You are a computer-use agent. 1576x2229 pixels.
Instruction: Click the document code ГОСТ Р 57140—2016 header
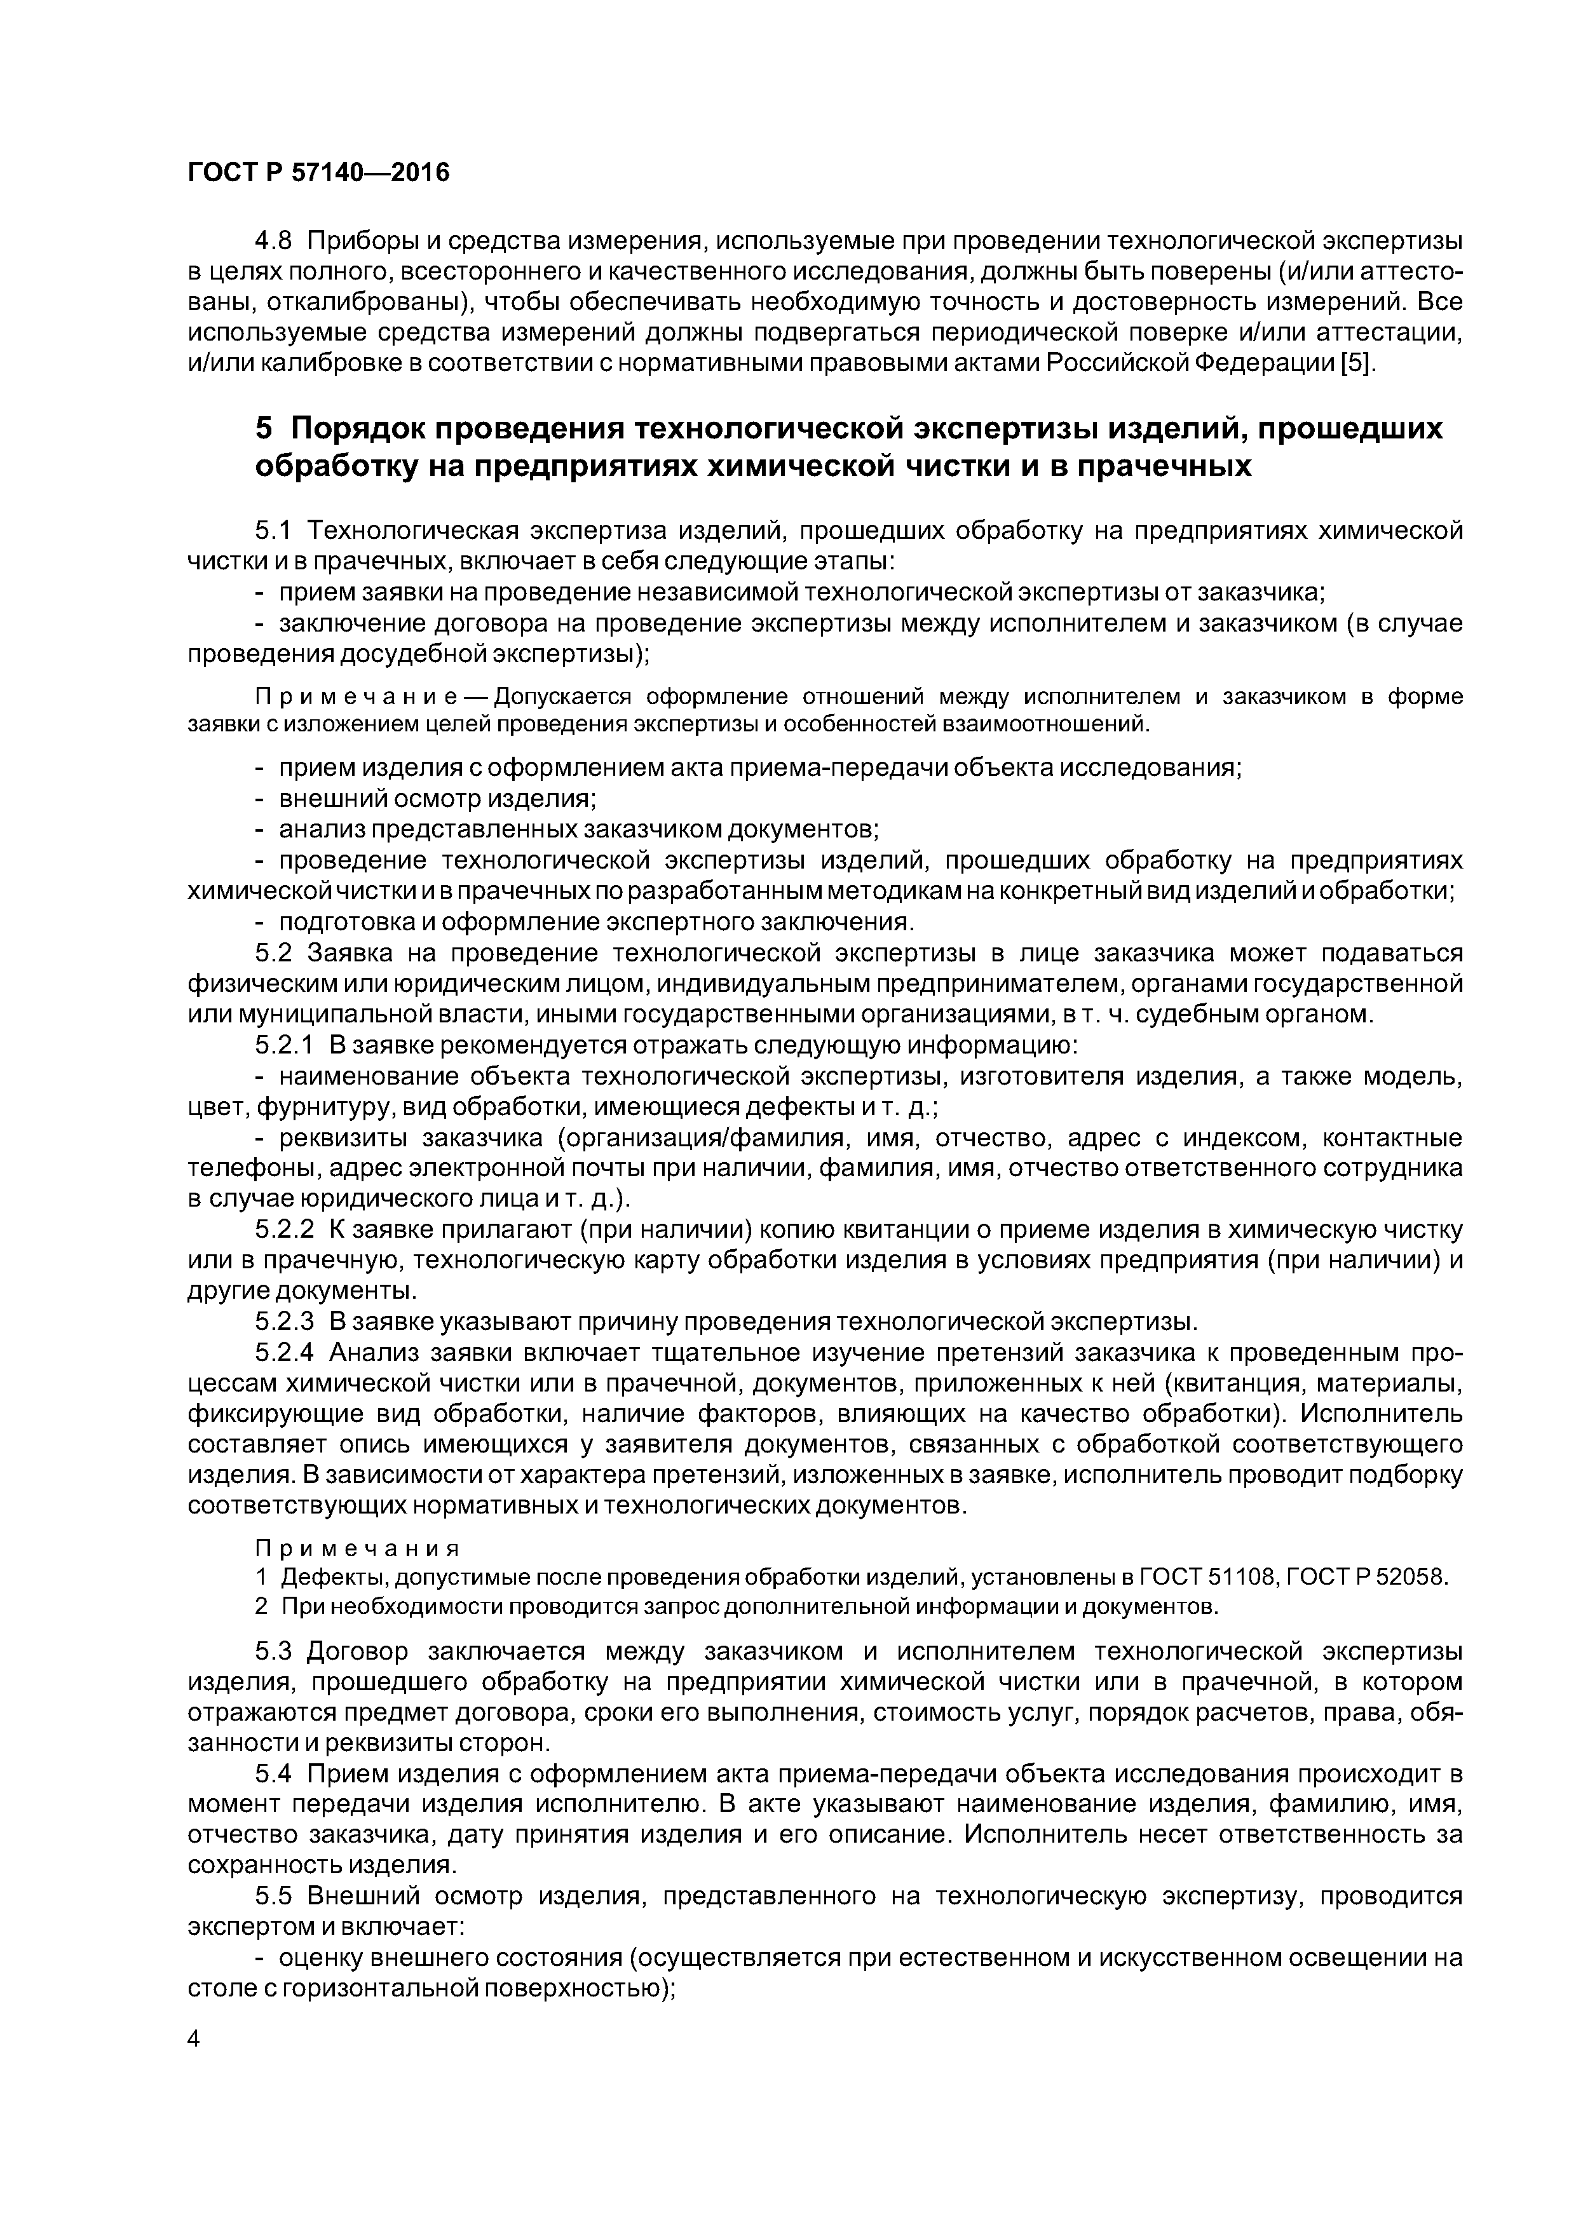point(318,173)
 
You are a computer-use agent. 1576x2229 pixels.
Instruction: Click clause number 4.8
point(274,240)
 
